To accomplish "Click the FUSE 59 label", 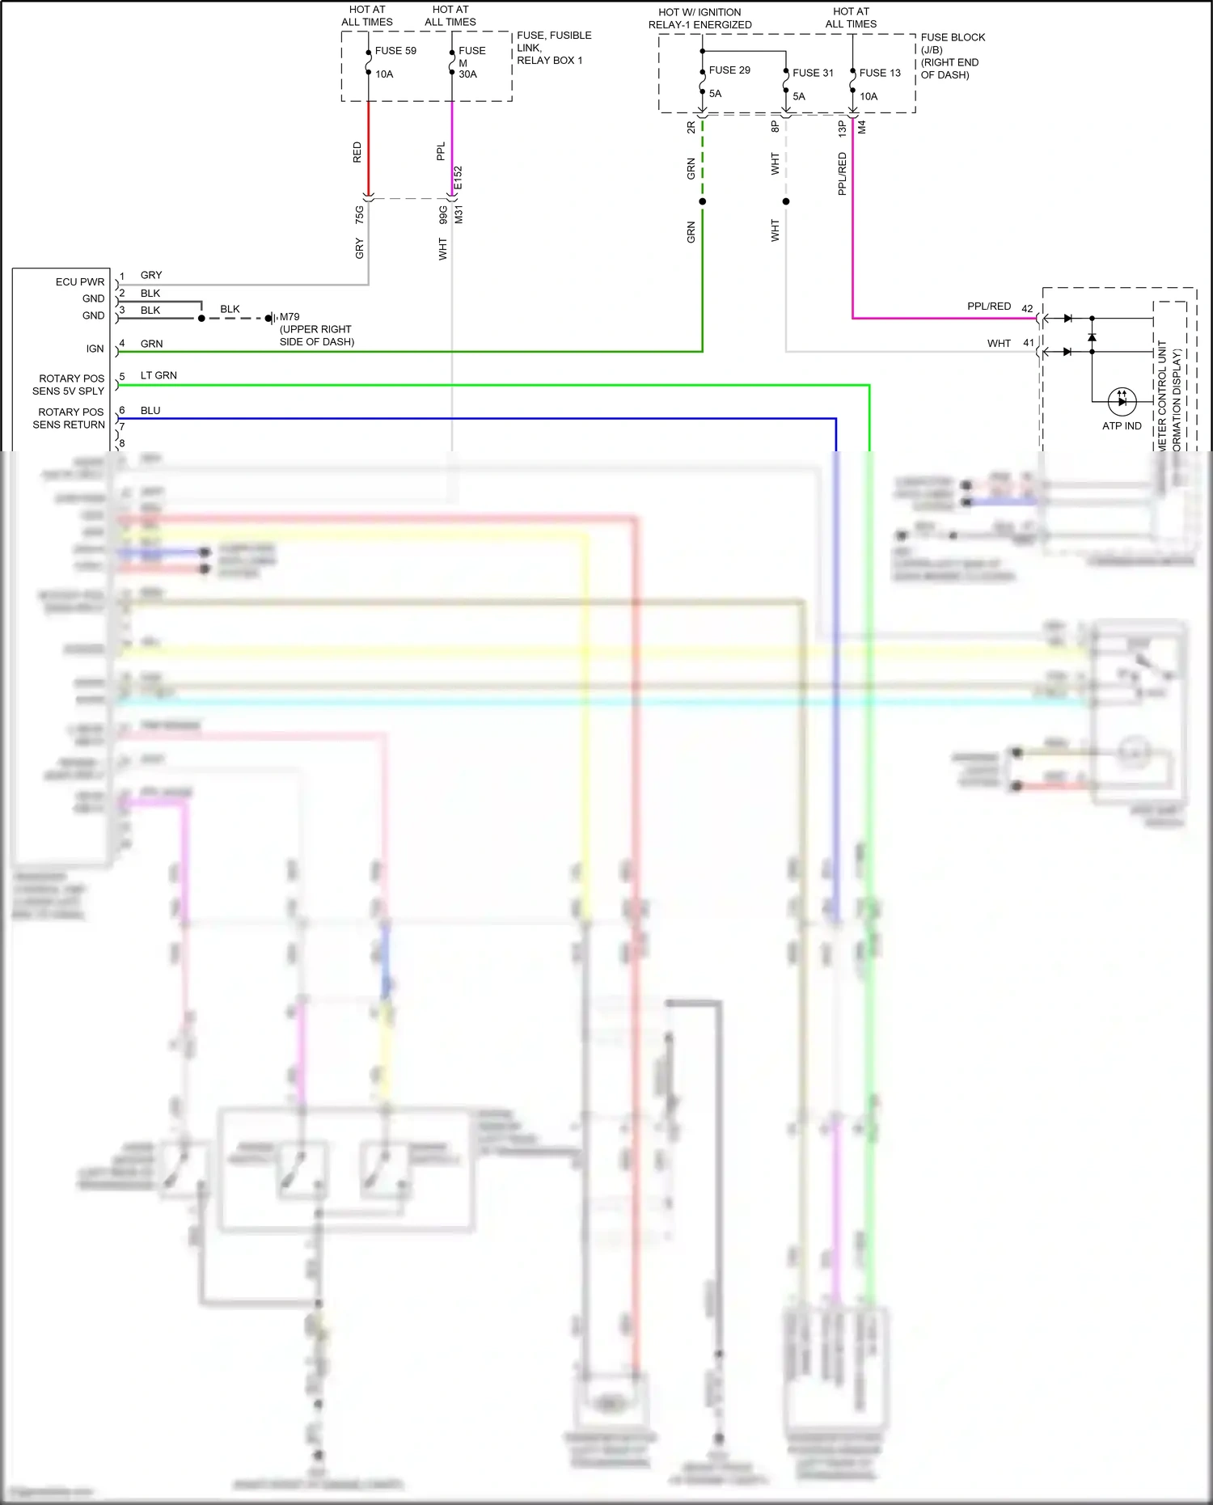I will tap(395, 51).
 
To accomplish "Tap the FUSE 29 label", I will tap(729, 70).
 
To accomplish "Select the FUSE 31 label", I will tap(813, 73).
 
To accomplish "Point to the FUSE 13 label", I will tap(880, 73).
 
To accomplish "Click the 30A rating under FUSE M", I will tap(467, 74).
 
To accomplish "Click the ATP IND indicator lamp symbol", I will tap(1122, 400).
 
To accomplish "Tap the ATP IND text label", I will tap(1122, 426).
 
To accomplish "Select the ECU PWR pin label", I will tap(80, 282).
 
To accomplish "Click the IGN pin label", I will tap(95, 349).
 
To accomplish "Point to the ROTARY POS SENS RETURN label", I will tap(70, 418).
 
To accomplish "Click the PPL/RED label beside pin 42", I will tap(989, 306).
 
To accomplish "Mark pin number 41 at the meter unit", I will tap(1029, 343).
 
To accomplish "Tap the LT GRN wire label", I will tap(158, 375).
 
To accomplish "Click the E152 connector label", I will tap(459, 178).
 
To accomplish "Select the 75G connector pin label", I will tap(360, 214).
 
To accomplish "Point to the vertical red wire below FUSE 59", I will tap(369, 150).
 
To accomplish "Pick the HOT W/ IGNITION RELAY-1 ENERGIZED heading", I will tap(700, 19).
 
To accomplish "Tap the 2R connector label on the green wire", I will tap(691, 128).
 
